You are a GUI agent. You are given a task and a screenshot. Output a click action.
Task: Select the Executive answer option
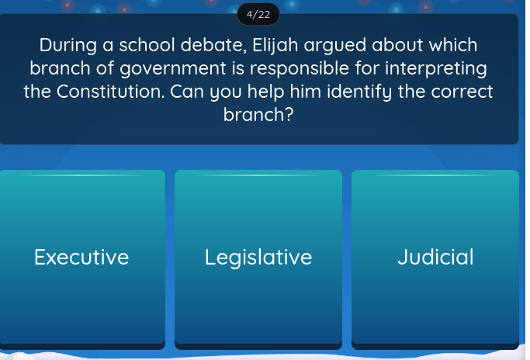pos(82,257)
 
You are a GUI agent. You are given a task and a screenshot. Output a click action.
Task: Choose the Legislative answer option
pos(258,257)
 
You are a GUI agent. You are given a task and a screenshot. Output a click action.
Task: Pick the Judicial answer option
pos(435,257)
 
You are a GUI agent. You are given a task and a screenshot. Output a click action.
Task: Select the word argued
pos(319,45)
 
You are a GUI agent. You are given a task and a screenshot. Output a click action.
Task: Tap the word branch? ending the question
pos(258,115)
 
